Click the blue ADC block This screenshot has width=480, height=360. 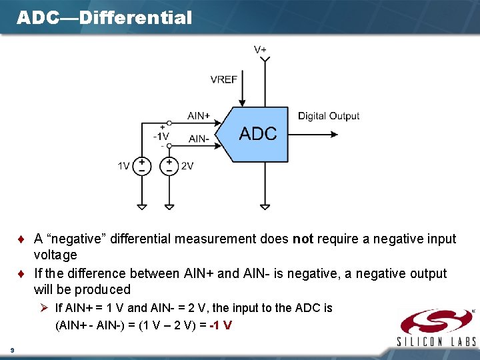pos(257,133)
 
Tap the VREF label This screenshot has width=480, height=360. pos(223,80)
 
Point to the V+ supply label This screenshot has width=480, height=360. pos(261,50)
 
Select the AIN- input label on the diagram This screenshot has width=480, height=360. pos(199,139)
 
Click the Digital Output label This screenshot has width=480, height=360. pos(329,116)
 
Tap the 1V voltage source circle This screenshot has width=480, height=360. pos(141,166)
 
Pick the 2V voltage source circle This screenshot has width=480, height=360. pos(169,166)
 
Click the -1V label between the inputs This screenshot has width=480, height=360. pos(161,136)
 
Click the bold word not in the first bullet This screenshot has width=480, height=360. pos(303,239)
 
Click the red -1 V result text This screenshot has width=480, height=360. pos(221,325)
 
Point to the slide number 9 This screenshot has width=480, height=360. pos(12,349)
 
